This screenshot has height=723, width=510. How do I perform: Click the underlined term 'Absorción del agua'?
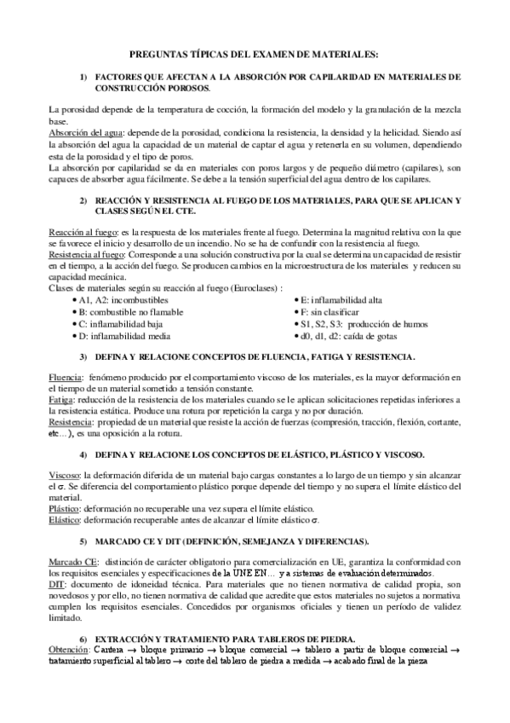point(84,134)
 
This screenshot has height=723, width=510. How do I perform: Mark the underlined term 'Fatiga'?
point(60,399)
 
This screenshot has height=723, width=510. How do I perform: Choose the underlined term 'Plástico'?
point(64,506)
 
